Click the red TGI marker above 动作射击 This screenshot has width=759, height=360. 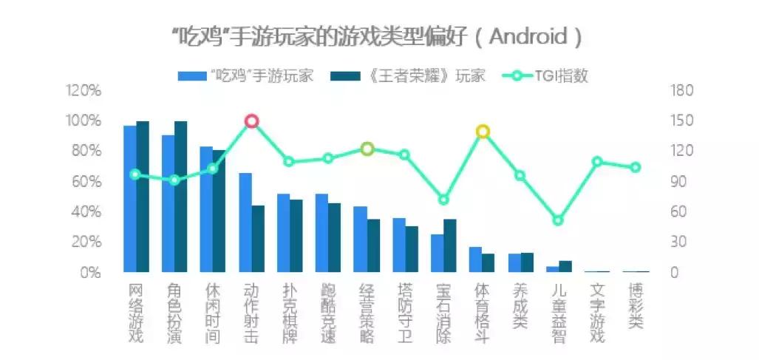pyautogui.click(x=251, y=121)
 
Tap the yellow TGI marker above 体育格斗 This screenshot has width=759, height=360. pyautogui.click(x=483, y=132)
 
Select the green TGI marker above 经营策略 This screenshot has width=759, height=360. pyautogui.click(x=367, y=149)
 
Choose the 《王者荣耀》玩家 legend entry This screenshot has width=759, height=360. pyautogui.click(x=414, y=76)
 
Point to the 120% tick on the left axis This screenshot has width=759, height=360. pyautogui.click(x=83, y=91)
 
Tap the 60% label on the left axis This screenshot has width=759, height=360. pyautogui.click(x=85, y=182)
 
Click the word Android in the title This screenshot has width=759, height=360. pyautogui.click(x=527, y=36)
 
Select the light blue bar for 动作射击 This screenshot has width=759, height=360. pyautogui.click(x=245, y=223)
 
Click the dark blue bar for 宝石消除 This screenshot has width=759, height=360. pyautogui.click(x=450, y=245)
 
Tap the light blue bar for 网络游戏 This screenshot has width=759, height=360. pyautogui.click(x=129, y=199)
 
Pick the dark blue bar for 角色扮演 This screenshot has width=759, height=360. pyautogui.click(x=181, y=197)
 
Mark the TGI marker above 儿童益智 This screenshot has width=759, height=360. pyautogui.click(x=559, y=220)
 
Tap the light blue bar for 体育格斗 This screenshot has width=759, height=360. pyautogui.click(x=475, y=259)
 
